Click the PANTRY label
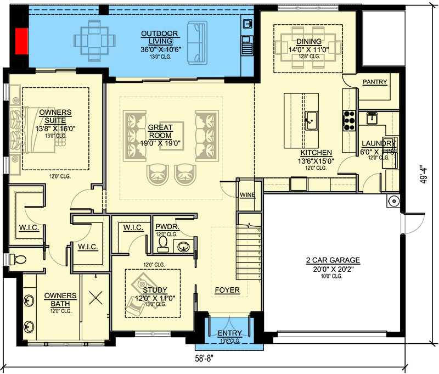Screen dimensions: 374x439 coord(375,82)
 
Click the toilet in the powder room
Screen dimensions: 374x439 coord(163,243)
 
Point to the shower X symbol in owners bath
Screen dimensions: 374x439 coord(97,299)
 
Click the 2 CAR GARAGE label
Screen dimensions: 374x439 coord(333,260)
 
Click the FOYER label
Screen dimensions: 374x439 coord(227,290)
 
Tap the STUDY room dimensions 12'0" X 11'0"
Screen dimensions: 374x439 coord(154,299)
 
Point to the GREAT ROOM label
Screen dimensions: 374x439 coord(160,132)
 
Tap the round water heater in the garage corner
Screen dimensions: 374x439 coord(393,202)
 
